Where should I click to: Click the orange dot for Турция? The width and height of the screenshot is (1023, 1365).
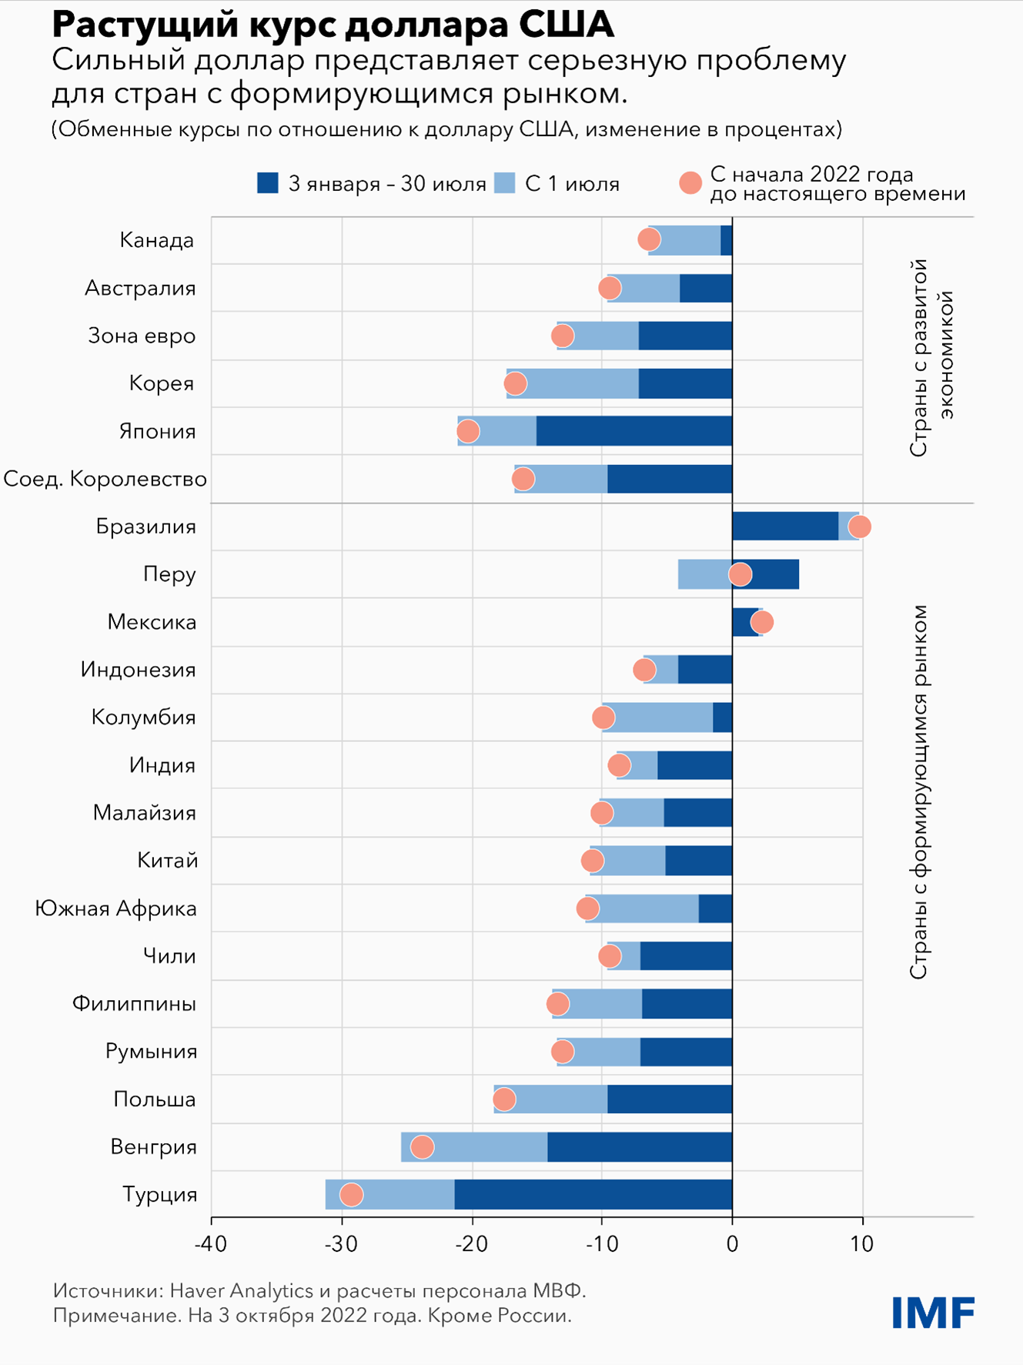(x=351, y=1194)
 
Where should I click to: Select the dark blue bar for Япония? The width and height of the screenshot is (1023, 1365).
(x=634, y=431)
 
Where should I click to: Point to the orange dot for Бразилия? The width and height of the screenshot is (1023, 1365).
(x=859, y=527)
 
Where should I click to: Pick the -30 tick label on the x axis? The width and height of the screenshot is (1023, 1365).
(x=341, y=1244)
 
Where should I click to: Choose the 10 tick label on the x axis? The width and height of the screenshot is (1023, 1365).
(x=862, y=1244)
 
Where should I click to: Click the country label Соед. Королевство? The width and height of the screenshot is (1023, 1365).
(x=105, y=479)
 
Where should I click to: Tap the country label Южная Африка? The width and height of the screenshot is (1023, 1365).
(x=116, y=908)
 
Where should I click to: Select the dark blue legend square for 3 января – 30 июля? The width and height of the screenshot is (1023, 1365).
(x=268, y=183)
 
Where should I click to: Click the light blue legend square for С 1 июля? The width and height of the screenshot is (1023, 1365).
(x=504, y=183)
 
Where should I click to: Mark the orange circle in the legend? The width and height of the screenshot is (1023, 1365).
(x=690, y=183)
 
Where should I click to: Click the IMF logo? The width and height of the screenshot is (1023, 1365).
(x=933, y=1313)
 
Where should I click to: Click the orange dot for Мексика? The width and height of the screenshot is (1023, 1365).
(x=761, y=622)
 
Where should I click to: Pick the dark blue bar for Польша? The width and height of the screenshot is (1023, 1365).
(x=670, y=1099)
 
